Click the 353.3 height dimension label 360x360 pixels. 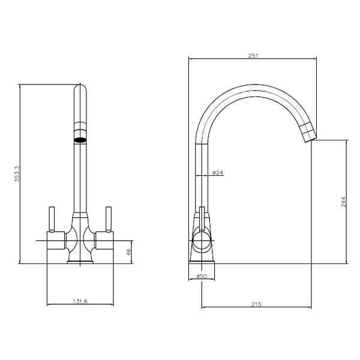point(17,174)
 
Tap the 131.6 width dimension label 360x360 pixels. point(80,301)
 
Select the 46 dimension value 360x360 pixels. point(128,252)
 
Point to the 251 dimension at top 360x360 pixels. point(253,56)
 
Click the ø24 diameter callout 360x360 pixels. point(218,173)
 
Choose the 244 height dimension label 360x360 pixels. point(343,202)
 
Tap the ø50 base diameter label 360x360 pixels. point(202,276)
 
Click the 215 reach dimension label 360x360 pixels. point(256,304)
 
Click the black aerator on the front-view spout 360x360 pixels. point(80,140)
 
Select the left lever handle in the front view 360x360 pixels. point(52,219)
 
